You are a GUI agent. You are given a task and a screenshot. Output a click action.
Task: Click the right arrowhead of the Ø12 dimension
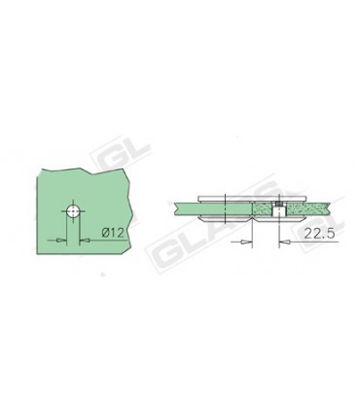(83, 237)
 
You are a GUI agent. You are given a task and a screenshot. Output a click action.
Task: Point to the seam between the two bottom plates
(251, 218)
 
